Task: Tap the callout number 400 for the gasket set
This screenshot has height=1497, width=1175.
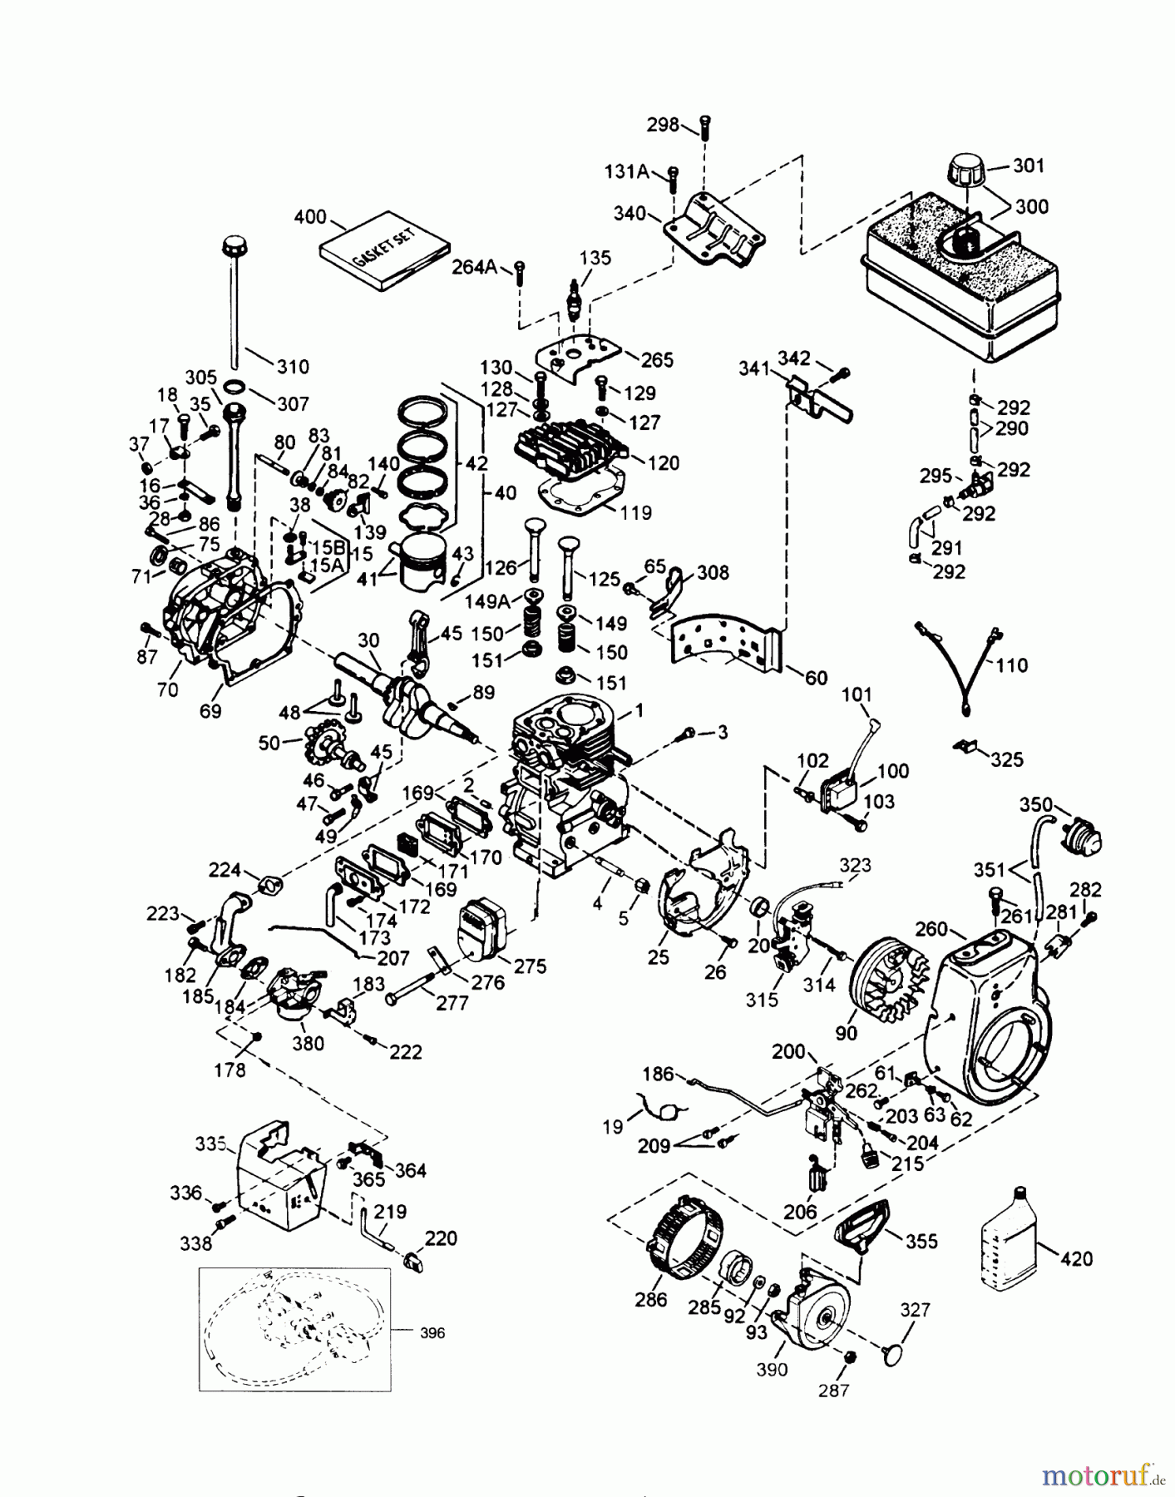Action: (310, 218)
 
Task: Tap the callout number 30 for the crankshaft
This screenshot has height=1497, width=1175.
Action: (368, 640)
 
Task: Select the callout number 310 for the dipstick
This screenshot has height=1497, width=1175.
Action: (293, 366)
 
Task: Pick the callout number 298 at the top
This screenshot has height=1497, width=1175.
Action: (663, 125)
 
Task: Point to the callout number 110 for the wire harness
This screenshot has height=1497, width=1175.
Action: (1011, 665)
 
